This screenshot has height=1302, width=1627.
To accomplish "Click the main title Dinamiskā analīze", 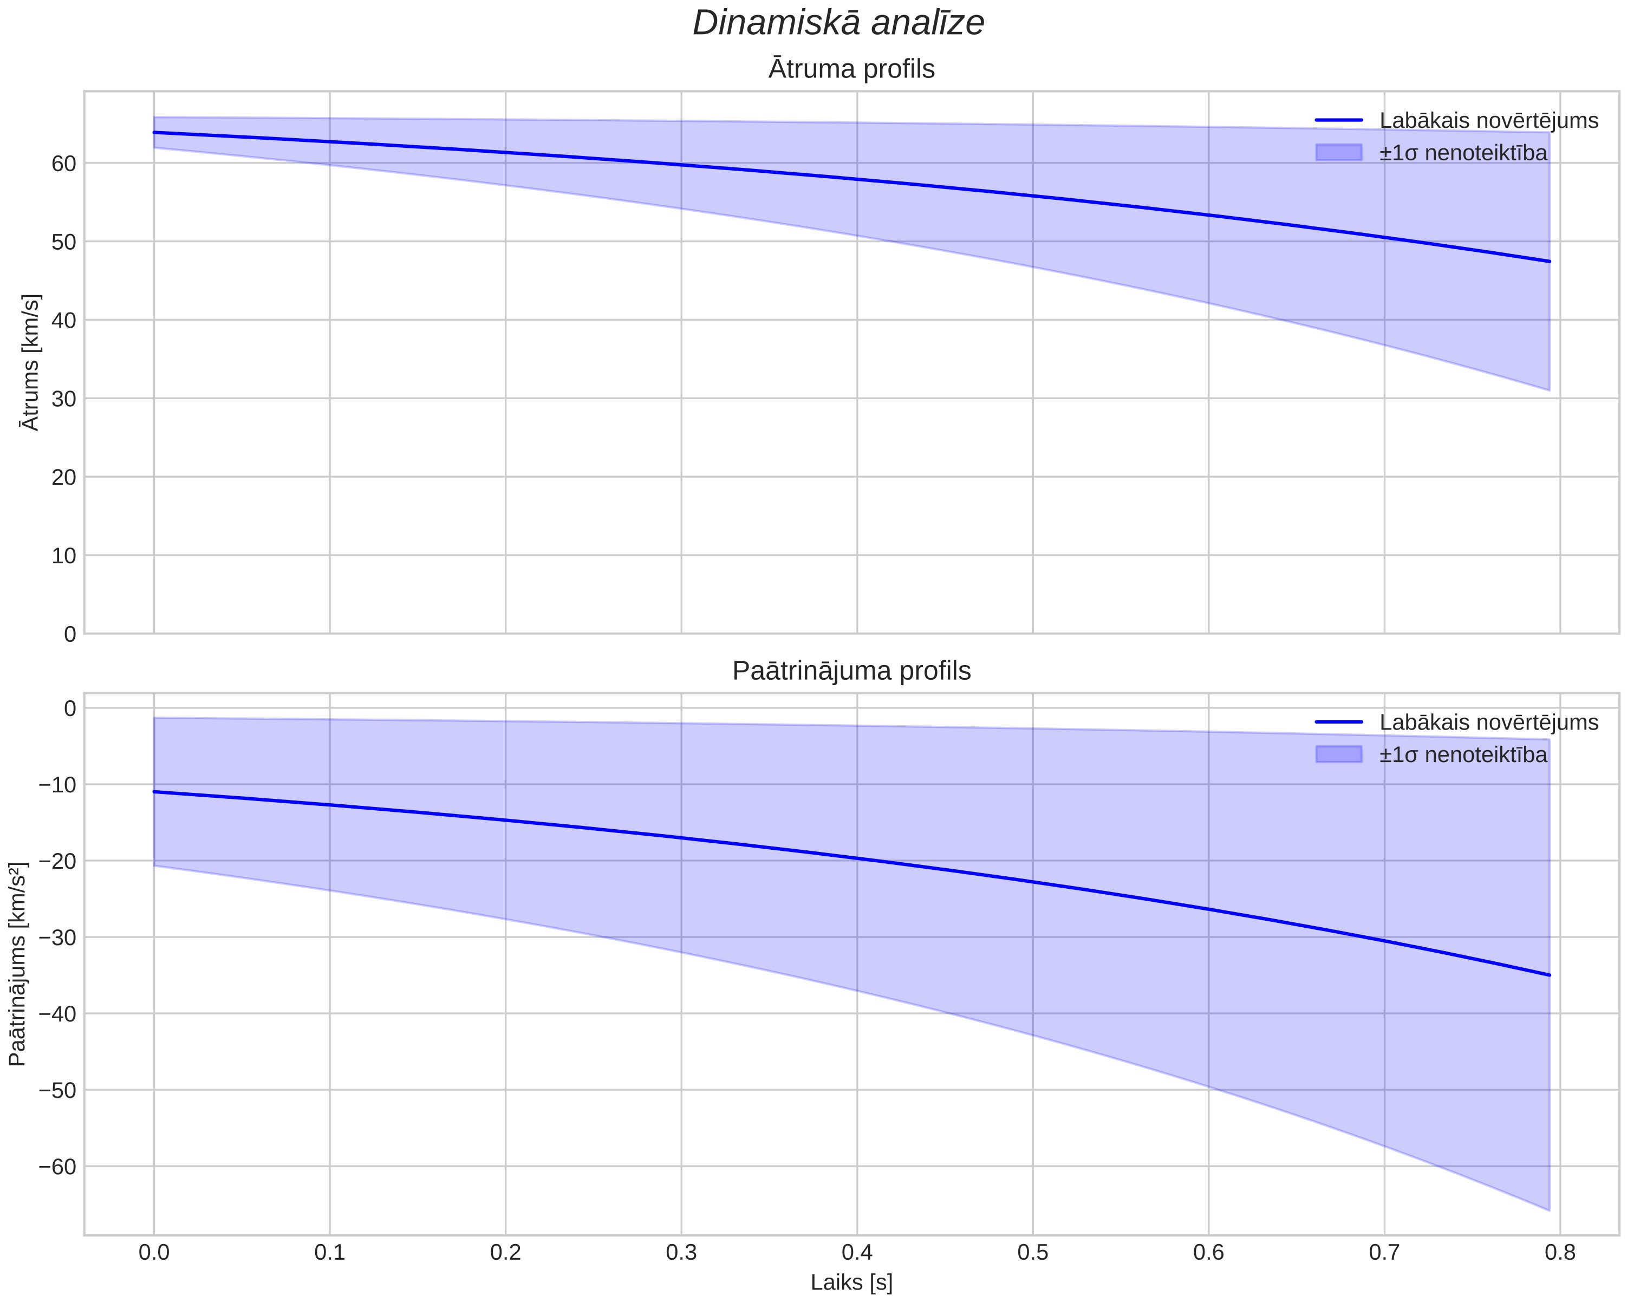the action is [838, 23].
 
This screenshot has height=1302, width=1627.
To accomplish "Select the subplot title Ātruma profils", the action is [851, 69].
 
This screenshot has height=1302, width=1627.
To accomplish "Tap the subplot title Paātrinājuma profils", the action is [851, 671].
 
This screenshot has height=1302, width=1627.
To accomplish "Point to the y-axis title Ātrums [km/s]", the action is [31, 362].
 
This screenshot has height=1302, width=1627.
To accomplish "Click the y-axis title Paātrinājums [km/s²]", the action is [17, 964].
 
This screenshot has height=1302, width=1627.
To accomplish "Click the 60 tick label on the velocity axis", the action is [63, 164].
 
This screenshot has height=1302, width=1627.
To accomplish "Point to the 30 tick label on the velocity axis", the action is [63, 399].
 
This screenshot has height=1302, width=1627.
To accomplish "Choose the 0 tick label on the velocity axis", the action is [70, 634].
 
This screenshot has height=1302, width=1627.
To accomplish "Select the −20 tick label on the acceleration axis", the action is [57, 861].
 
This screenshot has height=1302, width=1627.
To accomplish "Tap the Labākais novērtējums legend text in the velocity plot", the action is [1489, 121].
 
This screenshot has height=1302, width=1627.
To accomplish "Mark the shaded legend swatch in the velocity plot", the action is [1339, 153].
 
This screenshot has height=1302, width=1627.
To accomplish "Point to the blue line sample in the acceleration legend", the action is [1339, 722].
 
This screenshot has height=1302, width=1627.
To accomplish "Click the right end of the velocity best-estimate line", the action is [1549, 261].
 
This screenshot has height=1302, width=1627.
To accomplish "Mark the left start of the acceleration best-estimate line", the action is [154, 792].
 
